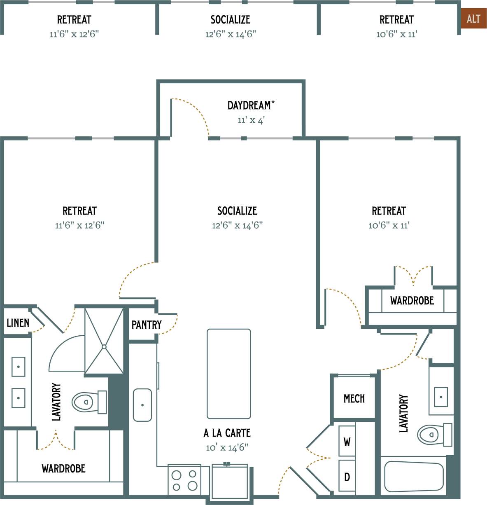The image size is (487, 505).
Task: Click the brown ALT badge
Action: pyautogui.click(x=473, y=19)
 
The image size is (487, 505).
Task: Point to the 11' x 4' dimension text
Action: pyautogui.click(x=251, y=120)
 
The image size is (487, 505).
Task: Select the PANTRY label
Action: pyautogui.click(x=147, y=325)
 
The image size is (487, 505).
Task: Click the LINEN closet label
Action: pyautogui.click(x=18, y=323)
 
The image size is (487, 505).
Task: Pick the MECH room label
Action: pyautogui.click(x=354, y=399)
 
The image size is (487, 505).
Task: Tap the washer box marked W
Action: pyautogui.click(x=347, y=442)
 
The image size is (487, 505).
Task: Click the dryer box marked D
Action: pyautogui.click(x=347, y=477)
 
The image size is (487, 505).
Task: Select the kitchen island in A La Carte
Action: pyautogui.click(x=229, y=374)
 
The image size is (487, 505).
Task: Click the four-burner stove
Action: pyautogui.click(x=184, y=480)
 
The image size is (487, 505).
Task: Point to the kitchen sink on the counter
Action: pyautogui.click(x=142, y=405)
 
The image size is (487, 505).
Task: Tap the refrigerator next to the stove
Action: pyautogui.click(x=230, y=481)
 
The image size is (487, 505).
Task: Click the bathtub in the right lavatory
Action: pyautogui.click(x=414, y=477)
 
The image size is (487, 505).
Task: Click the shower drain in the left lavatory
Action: pyautogui.click(x=104, y=347)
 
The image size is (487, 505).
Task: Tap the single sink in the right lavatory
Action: pyautogui.click(x=441, y=397)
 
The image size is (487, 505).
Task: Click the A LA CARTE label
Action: pyautogui.click(x=227, y=433)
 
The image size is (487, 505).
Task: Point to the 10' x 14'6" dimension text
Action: pyautogui.click(x=227, y=448)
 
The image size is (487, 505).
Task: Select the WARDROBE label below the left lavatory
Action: pyautogui.click(x=63, y=469)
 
